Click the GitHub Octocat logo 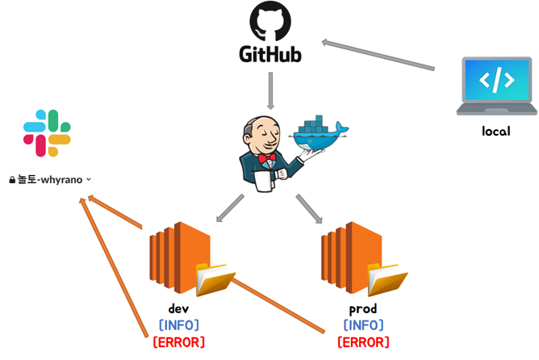270,22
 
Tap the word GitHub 270,55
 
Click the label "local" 495,131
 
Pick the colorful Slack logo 47,133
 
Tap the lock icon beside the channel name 12,180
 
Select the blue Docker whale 320,133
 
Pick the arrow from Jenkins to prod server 308,208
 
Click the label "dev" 178,309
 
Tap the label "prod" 362,309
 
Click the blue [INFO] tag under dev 178,325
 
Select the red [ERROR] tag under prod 362,342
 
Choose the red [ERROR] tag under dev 178,342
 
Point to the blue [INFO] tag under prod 362,325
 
